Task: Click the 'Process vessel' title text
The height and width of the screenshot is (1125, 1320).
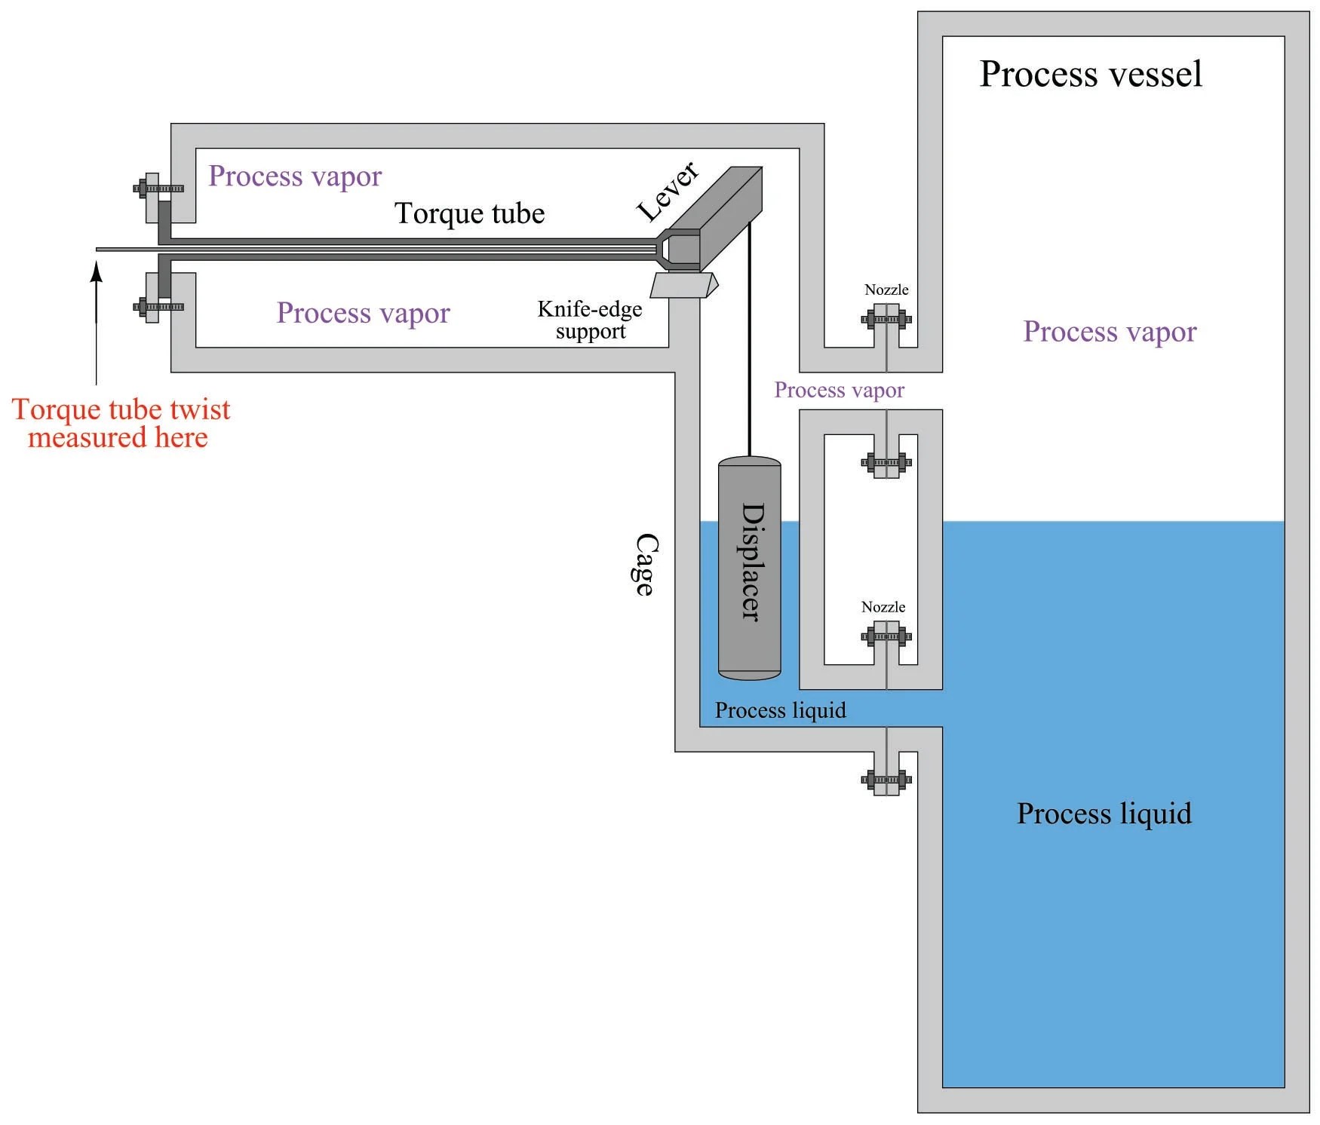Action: [x=1090, y=74]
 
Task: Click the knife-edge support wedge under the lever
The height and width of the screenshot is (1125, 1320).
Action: [x=683, y=286]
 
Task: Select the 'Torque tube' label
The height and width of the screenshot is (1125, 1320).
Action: [x=469, y=213]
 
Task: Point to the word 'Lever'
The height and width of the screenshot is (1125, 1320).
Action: [x=668, y=192]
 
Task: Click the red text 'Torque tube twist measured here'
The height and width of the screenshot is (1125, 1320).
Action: [x=121, y=423]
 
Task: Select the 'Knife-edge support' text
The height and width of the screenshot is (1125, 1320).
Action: [x=590, y=320]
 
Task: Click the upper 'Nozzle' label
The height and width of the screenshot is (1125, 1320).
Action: [x=886, y=290]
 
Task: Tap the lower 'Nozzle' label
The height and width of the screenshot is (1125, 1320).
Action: [x=883, y=607]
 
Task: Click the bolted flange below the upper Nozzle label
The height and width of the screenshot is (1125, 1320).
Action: [x=886, y=319]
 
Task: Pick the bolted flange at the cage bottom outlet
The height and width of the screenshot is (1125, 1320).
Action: [x=886, y=780]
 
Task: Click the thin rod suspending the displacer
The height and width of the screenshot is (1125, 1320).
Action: [x=749, y=339]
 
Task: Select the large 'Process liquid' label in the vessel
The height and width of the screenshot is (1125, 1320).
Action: [x=1104, y=814]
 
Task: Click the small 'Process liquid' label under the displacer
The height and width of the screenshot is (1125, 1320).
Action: [x=780, y=710]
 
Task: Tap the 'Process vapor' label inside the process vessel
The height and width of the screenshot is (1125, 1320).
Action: [x=1110, y=332]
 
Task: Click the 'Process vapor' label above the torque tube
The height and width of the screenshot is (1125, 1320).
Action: [x=295, y=176]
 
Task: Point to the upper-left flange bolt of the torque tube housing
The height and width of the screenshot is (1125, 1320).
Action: [x=158, y=189]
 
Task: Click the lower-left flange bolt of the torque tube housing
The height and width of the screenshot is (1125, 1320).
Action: [x=158, y=307]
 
